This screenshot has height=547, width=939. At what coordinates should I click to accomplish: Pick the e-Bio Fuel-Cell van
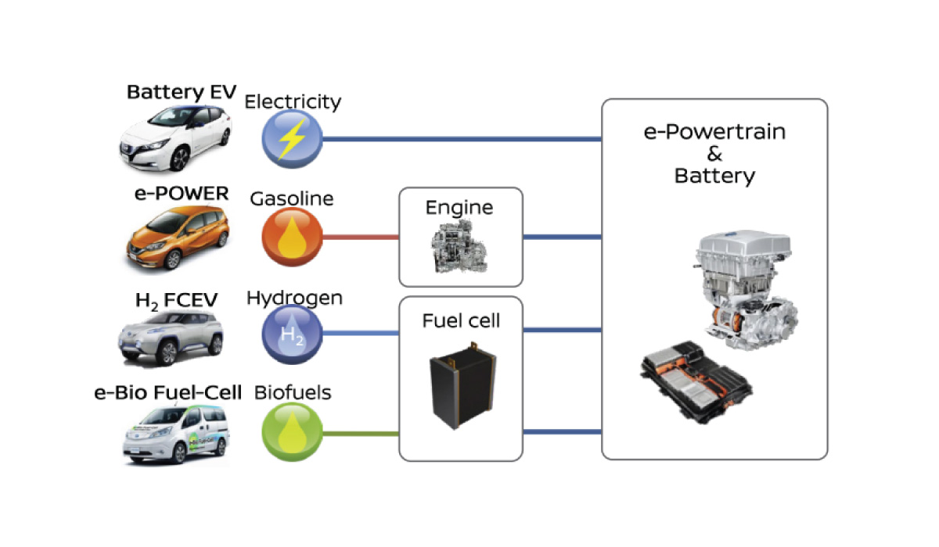pos(175,436)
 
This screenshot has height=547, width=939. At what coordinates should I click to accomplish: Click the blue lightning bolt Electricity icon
pos(291,139)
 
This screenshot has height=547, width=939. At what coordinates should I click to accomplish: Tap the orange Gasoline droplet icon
pos(291,237)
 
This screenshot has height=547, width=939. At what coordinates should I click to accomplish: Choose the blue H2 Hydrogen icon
pos(291,334)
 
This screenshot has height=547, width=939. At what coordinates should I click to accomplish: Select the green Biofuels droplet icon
pos(291,432)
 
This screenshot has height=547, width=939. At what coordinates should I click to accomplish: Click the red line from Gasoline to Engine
pos(360,237)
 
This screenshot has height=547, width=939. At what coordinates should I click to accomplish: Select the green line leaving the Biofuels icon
pos(360,432)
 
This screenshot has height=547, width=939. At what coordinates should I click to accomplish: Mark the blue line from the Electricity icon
pos(462,139)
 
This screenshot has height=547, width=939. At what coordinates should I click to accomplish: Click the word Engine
pos(459,208)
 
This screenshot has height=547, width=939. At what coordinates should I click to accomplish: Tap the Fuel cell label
pos(461,320)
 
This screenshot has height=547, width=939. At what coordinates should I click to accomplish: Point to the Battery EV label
pos(182,93)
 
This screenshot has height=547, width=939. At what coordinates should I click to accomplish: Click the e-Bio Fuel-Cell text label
pos(167,392)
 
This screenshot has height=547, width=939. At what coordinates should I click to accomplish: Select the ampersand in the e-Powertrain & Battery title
pos(714,154)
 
